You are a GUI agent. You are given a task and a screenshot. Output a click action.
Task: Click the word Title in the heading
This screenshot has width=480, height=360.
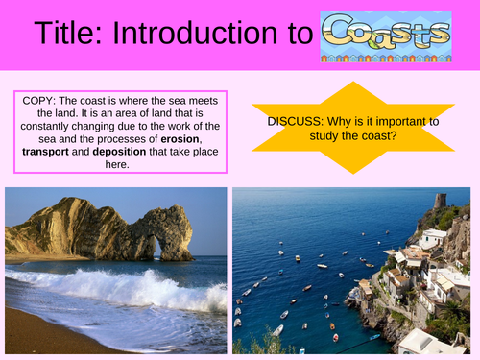click(x=67, y=35)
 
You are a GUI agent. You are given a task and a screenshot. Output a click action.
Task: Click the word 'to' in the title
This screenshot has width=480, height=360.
click(x=294, y=35)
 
